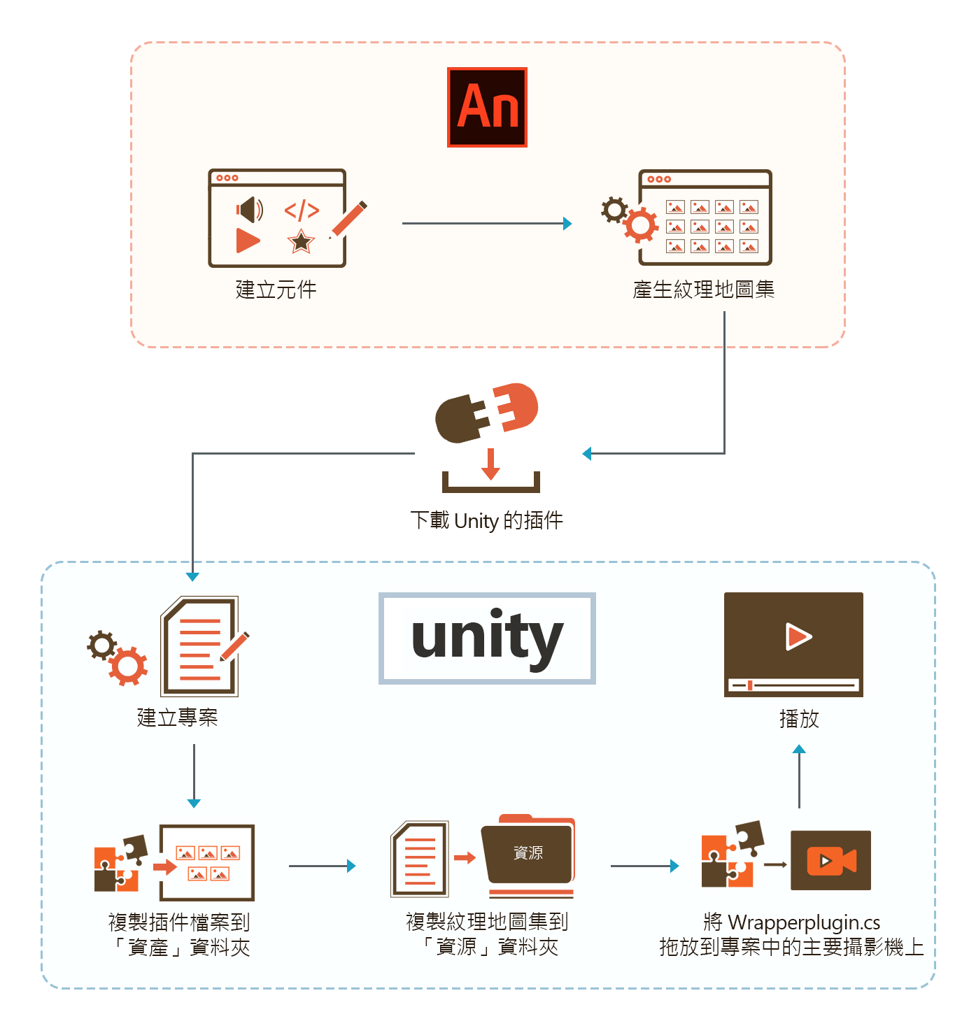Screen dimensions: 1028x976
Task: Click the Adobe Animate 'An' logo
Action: [x=487, y=108]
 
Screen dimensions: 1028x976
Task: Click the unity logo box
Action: [x=487, y=638]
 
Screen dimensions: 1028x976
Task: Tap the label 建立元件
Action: [x=276, y=290]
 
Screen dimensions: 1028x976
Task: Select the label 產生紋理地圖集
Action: [x=703, y=290]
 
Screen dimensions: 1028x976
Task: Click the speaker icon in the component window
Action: [x=249, y=209]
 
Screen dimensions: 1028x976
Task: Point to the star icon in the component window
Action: [x=301, y=241]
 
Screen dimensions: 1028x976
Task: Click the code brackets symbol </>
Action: [x=302, y=210]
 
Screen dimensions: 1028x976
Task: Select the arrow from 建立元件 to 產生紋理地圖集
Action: [x=486, y=224]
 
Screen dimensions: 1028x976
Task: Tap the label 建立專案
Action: [x=177, y=718]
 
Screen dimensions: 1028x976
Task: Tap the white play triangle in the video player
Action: [x=798, y=636]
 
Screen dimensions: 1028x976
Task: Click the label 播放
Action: [x=799, y=719]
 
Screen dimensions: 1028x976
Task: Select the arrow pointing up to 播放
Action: [x=799, y=776]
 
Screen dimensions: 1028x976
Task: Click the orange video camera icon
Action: [x=831, y=860]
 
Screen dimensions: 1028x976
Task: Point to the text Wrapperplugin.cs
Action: [x=804, y=922]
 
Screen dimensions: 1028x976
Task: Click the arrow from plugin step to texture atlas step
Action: [x=322, y=866]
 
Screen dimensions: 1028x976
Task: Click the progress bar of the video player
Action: [x=793, y=685]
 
